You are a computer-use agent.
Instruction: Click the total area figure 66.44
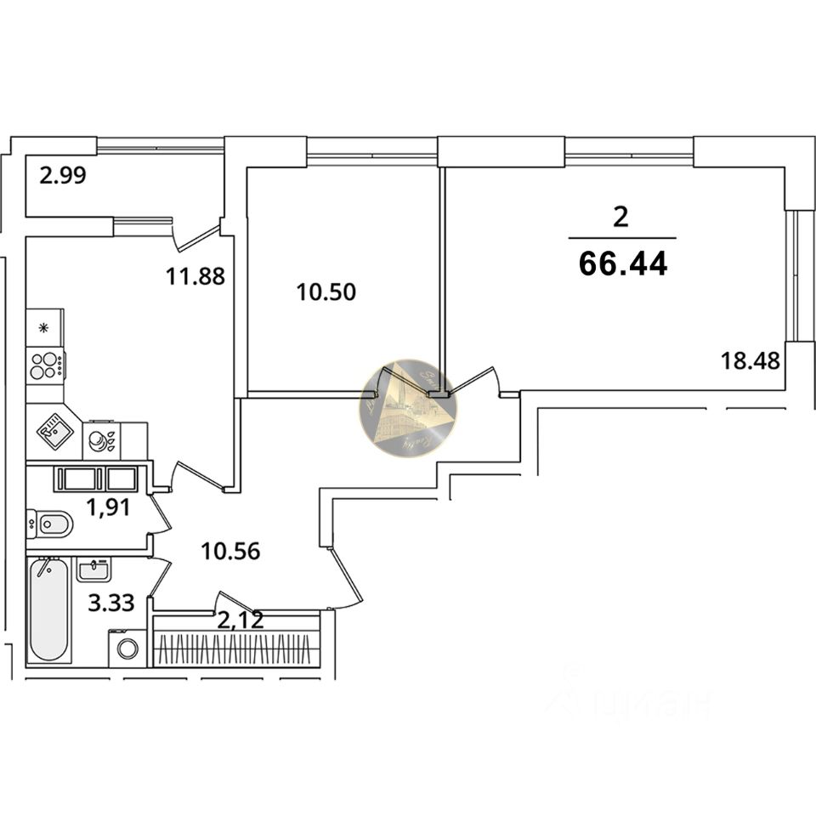[622, 263]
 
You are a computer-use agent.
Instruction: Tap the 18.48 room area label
[750, 360]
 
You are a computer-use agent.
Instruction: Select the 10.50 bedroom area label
[326, 292]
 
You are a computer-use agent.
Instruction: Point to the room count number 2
[620, 218]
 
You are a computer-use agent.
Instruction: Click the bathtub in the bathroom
[48, 609]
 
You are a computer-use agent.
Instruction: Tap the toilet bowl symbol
[50, 524]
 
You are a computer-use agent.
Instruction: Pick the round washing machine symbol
[127, 649]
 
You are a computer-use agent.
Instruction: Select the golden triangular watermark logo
[408, 408]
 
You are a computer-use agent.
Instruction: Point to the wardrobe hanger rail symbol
[236, 650]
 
